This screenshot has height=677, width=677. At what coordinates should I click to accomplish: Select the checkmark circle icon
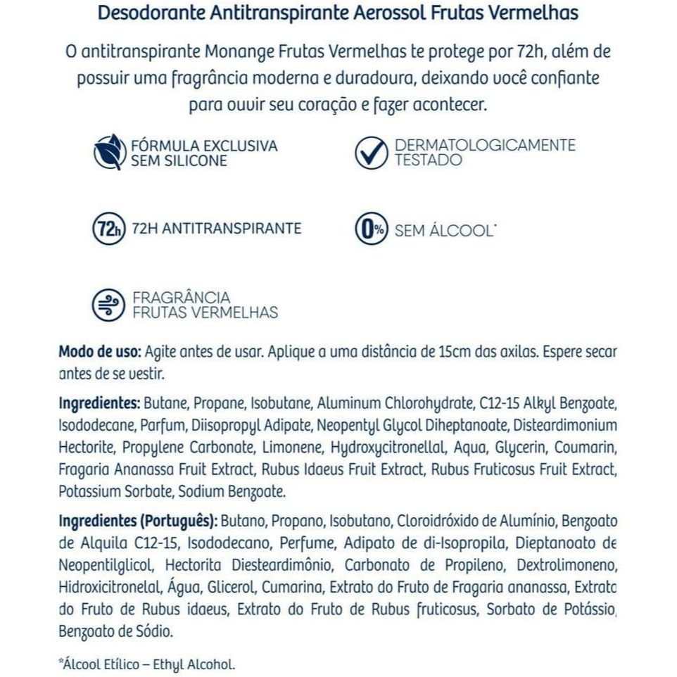click(x=370, y=153)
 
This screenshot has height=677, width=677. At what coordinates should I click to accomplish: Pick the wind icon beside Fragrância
click(x=107, y=305)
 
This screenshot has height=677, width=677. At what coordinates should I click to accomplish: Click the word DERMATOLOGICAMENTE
click(x=485, y=145)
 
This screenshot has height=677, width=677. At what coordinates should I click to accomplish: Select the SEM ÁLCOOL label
click(x=443, y=230)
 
